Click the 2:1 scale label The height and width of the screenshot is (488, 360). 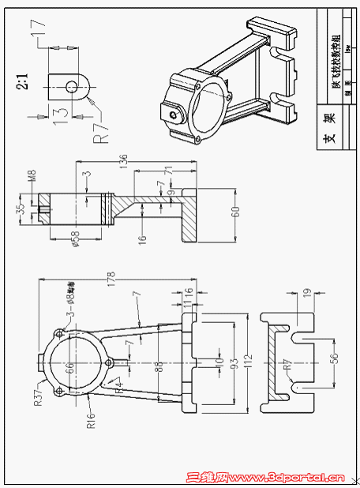pos(22,81)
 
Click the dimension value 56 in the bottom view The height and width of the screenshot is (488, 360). pos(334,358)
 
